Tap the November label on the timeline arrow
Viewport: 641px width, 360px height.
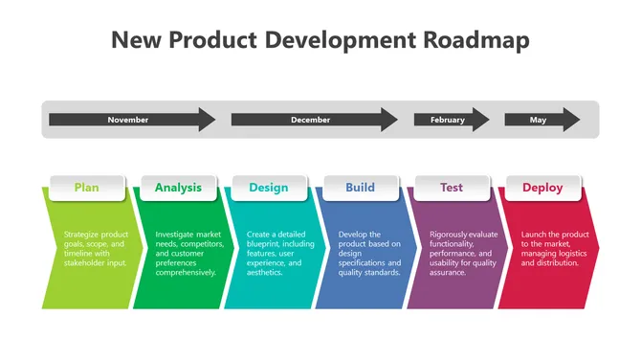coord(127,120)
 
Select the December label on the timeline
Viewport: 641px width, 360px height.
coord(310,120)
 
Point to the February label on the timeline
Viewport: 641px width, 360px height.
coord(447,120)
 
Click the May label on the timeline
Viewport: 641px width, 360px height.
coord(538,120)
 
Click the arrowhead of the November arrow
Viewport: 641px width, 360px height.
coord(207,120)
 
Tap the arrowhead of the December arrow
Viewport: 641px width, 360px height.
coord(388,120)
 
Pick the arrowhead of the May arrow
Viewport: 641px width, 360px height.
coord(571,120)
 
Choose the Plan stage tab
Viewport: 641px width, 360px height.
coord(86,188)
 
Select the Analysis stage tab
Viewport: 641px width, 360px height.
coord(178,188)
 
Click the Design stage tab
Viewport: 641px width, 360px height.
coord(269,188)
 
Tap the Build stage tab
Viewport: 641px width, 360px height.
coord(360,188)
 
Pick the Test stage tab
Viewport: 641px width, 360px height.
coord(452,188)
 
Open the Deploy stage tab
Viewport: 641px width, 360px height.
coord(542,188)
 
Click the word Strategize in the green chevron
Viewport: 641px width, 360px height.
coord(81,235)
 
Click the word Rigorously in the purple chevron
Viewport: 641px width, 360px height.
coord(450,235)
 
